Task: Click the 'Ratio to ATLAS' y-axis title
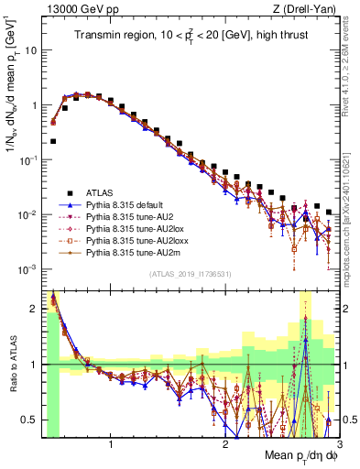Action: pyautogui.click(x=13, y=365)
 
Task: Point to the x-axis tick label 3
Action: pyautogui.click(x=338, y=445)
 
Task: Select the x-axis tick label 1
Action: pyautogui.click(x=111, y=445)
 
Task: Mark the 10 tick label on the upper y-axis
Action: pyautogui.click(x=30, y=50)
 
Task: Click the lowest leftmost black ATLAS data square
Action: pyautogui.click(x=54, y=141)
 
